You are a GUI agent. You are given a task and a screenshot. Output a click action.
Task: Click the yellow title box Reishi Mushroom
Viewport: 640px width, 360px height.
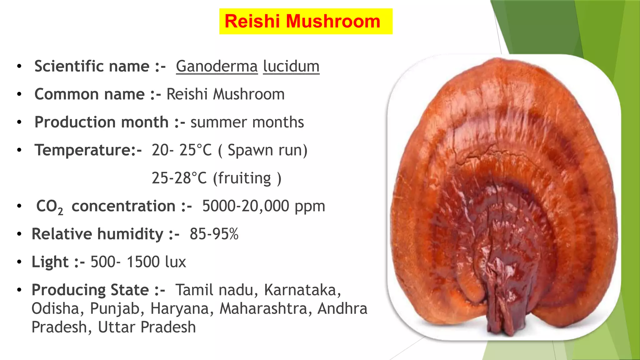coord(306,21)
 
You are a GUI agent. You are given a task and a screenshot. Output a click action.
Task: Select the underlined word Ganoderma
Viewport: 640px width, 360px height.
coord(217,66)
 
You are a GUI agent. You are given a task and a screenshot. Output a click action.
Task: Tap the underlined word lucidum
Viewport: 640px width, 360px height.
coord(291,66)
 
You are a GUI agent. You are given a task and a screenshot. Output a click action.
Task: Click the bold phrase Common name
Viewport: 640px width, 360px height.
coord(89,94)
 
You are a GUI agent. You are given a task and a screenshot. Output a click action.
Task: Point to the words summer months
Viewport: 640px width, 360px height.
coord(247,122)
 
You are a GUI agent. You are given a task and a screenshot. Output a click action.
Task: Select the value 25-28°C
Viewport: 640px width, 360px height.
coord(179,178)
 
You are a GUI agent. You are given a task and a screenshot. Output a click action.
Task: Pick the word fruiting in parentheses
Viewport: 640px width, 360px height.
coord(244,178)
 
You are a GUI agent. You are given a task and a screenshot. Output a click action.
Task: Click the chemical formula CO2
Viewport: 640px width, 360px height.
coord(49,207)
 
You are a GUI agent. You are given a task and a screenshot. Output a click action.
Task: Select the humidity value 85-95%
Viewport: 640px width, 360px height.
coord(214,234)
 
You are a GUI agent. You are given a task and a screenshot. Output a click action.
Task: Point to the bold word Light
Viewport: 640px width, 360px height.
coord(50,262)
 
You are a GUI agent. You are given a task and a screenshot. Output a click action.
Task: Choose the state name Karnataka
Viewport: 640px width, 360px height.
coord(302,290)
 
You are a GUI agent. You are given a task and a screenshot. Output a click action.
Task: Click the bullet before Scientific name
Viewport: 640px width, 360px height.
coord(19,66)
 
